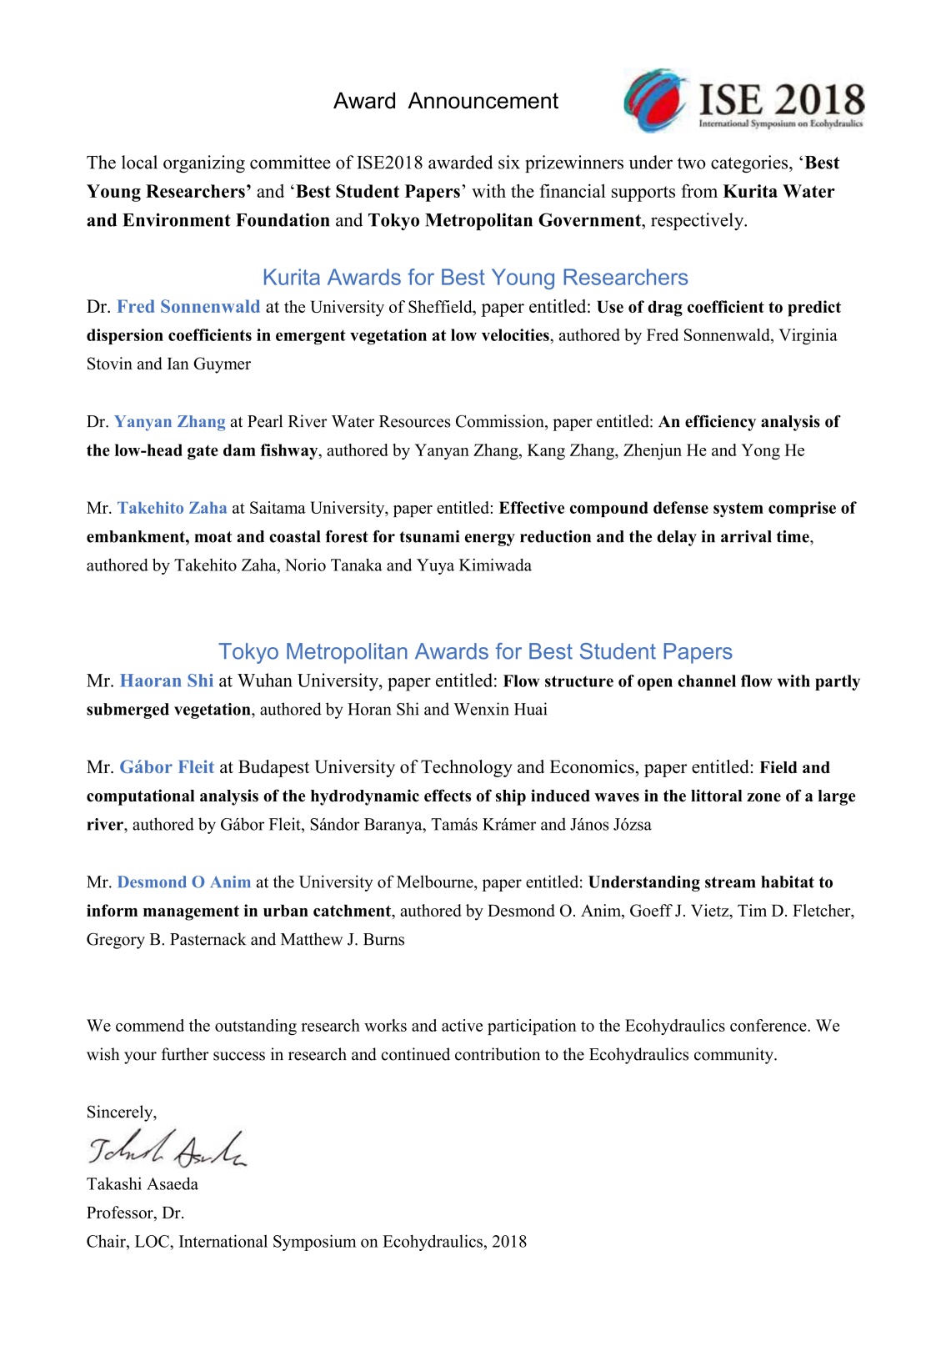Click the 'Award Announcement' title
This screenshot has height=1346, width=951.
(x=445, y=101)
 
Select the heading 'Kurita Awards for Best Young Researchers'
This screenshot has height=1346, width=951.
(x=475, y=278)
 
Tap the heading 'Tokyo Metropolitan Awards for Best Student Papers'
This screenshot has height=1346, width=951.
(x=475, y=651)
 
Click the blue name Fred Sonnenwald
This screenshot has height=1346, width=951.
(x=188, y=307)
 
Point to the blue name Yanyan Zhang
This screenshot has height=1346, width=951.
(x=170, y=422)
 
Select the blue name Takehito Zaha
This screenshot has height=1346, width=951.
(x=173, y=508)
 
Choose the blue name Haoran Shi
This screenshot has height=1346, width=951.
(x=167, y=681)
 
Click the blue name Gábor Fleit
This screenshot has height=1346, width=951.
(x=167, y=767)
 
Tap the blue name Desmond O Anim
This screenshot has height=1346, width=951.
(x=184, y=882)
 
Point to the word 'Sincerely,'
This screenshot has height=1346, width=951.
(x=122, y=1112)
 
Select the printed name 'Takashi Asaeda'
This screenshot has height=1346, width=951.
(x=143, y=1184)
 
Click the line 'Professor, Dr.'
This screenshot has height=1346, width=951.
(x=135, y=1213)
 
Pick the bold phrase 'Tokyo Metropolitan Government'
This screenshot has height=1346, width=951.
(x=504, y=220)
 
